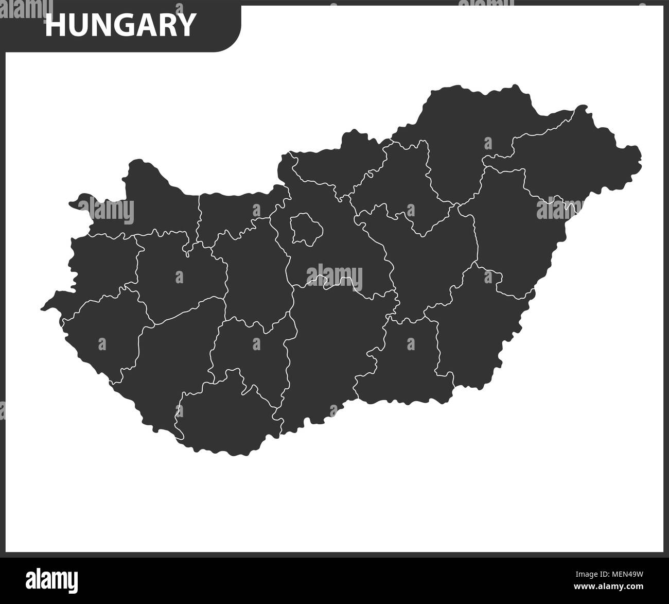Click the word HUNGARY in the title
click(x=120, y=24)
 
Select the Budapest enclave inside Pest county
click(x=306, y=229)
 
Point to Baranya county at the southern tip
click(x=226, y=417)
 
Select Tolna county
click(x=252, y=355)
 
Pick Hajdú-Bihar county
click(x=515, y=227)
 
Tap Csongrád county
click(x=407, y=360)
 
